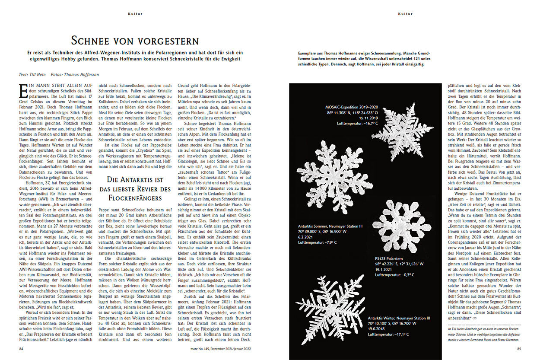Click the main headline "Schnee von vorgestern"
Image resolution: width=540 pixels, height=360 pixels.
point(135,41)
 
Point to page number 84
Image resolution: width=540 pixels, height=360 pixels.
point(21,349)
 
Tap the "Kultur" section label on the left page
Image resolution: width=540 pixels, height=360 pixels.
point(135,14)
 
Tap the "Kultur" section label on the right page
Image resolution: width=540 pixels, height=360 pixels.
point(405,14)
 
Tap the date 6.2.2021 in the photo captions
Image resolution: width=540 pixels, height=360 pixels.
point(307,237)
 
